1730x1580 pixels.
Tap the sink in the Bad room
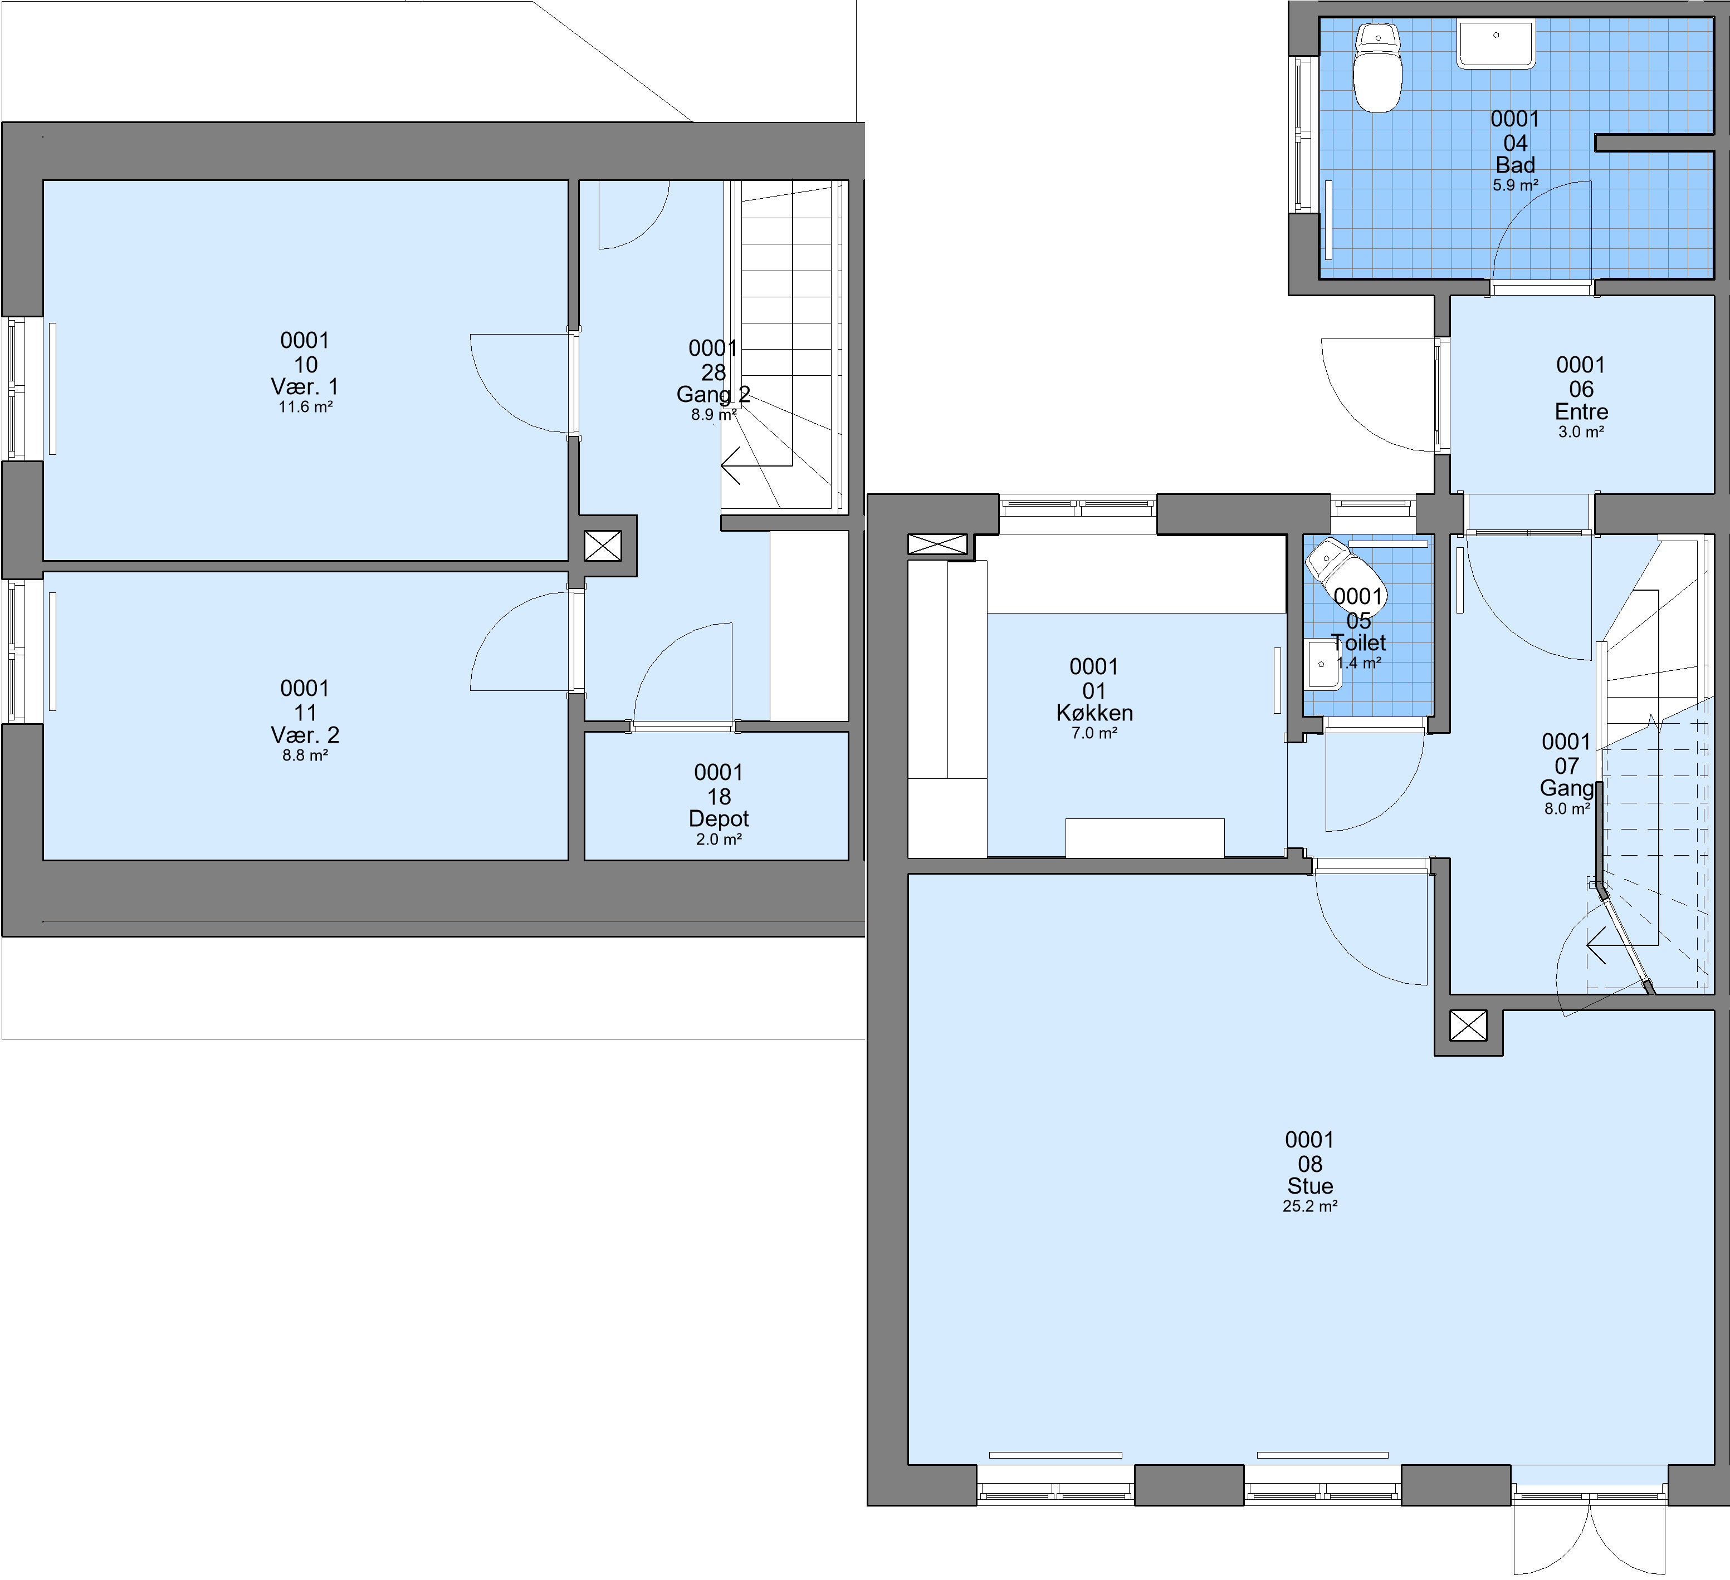coord(1496,45)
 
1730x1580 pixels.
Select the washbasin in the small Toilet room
coord(1322,664)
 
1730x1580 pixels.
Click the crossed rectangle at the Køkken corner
coord(937,544)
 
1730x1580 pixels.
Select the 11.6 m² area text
coord(305,406)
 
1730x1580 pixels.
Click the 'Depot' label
coord(719,818)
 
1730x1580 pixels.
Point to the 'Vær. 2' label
coord(305,735)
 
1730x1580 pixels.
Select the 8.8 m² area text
coord(305,755)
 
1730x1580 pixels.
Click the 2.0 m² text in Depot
coord(719,839)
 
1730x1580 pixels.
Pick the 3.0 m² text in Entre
coord(1581,431)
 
